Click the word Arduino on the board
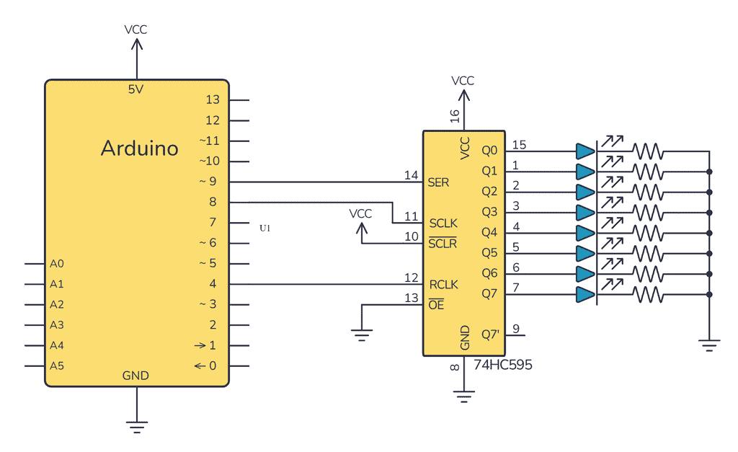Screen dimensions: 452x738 pos(139,149)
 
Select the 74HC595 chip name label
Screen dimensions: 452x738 pos(503,365)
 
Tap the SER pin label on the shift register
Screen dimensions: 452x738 pos(438,182)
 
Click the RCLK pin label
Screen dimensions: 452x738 pos(443,284)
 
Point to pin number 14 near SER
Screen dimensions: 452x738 pos(411,175)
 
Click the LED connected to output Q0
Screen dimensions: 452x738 pos(585,151)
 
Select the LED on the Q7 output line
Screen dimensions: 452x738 pos(585,295)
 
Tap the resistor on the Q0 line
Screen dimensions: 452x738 pos(647,151)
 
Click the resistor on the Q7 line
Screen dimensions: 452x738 pos(647,295)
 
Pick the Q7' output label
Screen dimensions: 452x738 pos(491,334)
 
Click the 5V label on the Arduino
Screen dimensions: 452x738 pos(136,89)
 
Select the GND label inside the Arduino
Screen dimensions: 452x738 pos(135,376)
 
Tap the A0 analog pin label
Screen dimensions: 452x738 pos(57,264)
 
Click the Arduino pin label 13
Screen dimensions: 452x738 pos(212,100)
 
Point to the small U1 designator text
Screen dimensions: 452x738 pos(265,228)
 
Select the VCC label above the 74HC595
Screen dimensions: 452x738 pos(463,81)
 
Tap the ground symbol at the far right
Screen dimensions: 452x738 pos(710,347)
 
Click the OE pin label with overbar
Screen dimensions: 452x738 pos(436,305)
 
